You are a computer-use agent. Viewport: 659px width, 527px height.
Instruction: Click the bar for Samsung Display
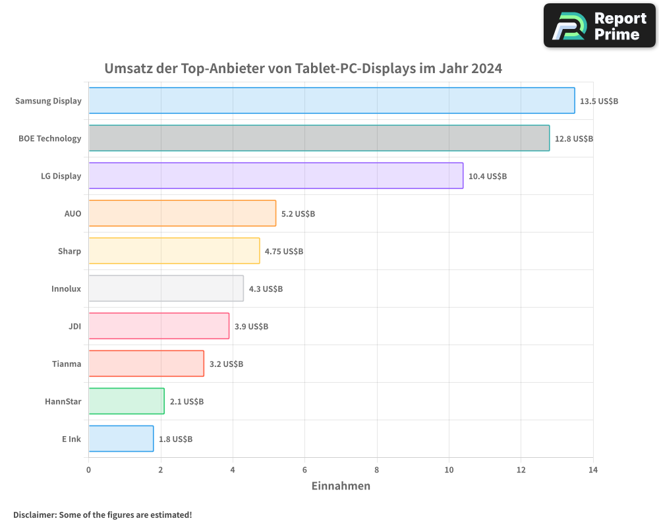[x=331, y=101]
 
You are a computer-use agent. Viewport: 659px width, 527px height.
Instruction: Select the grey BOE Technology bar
[x=319, y=138]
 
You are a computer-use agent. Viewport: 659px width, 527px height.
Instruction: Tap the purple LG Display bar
[x=275, y=176]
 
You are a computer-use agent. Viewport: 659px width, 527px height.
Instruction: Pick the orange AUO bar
[x=182, y=213]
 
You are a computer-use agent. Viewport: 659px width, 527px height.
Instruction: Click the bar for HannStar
[x=126, y=401]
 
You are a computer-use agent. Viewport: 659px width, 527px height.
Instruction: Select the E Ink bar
[x=121, y=439]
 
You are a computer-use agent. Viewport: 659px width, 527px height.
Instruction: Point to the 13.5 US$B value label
[x=598, y=101]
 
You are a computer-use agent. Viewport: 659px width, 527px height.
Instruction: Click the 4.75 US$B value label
[x=283, y=252]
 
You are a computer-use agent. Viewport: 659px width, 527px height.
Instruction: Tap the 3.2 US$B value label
[x=226, y=364]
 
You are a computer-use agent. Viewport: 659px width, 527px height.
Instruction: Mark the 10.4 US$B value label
[x=487, y=177]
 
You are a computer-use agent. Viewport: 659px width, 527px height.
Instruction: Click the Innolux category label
[x=66, y=289]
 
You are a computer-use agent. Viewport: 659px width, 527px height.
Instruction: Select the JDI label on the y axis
[x=74, y=326]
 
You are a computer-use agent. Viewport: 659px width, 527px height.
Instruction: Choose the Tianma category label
[x=67, y=364]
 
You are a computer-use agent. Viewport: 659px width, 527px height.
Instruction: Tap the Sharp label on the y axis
[x=69, y=251]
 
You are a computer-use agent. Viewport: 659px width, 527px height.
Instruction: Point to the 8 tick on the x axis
[x=377, y=470]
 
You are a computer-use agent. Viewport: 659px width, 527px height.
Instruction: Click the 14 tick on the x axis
[x=592, y=470]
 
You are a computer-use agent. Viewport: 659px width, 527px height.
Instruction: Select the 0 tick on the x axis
[x=89, y=470]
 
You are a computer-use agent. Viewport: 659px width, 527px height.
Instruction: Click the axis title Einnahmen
[x=340, y=486]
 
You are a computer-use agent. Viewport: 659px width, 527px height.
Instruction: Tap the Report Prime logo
[x=599, y=26]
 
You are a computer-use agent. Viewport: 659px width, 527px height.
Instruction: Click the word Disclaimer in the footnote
[x=34, y=515]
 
